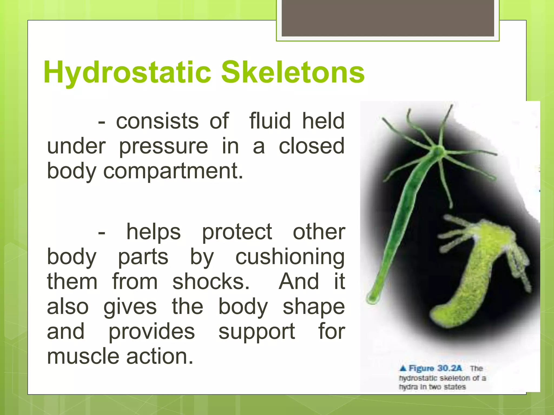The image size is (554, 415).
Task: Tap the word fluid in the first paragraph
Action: pos(270,121)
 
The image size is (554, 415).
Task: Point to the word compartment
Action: pos(173,171)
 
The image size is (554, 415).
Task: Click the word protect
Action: pos(237,232)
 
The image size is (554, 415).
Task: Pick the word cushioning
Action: pos(290,257)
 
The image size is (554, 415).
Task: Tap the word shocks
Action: pos(211,282)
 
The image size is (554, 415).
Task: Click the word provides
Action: pos(151,332)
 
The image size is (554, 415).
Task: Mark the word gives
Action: pos(130,307)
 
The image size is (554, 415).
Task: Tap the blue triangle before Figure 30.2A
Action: pos(403,368)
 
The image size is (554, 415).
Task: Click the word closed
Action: pos(312,146)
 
